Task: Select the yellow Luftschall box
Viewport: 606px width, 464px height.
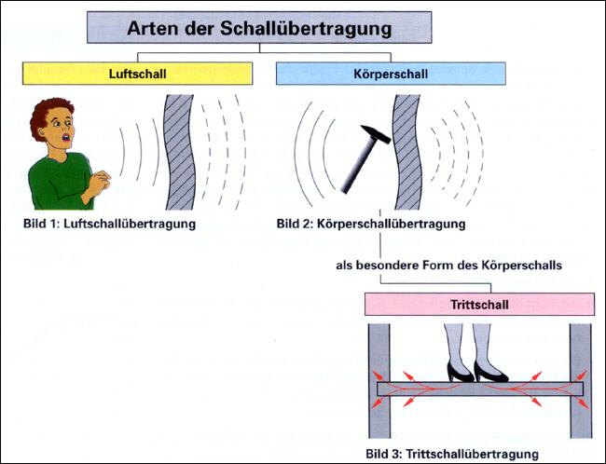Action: (x=136, y=74)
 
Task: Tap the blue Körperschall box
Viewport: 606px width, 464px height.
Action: (x=391, y=74)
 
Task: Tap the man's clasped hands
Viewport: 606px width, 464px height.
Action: (x=95, y=184)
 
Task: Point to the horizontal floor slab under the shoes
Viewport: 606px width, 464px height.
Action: (x=479, y=389)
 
